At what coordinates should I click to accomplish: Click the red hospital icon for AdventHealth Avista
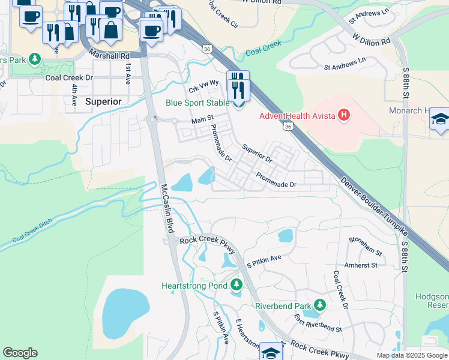344,115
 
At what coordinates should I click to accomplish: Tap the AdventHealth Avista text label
297,115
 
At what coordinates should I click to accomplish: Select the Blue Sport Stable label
197,103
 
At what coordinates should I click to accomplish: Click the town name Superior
103,101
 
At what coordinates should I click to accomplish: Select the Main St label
202,121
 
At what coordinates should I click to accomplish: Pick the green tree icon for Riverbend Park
320,305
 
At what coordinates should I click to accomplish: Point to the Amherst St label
361,265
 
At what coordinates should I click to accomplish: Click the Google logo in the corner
20,353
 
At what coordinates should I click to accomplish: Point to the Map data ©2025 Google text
412,355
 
